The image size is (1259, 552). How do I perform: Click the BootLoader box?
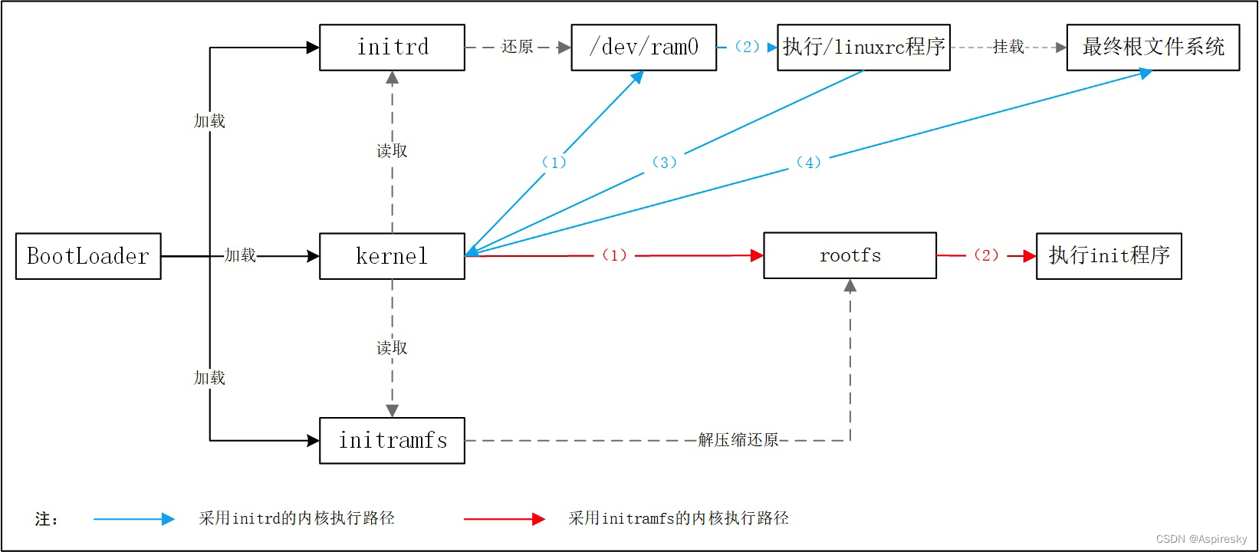(x=88, y=256)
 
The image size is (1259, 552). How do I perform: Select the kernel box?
(x=392, y=256)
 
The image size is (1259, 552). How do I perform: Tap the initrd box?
(x=392, y=48)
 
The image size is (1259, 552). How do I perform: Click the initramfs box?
(x=392, y=441)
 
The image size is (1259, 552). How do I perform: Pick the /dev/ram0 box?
(x=643, y=48)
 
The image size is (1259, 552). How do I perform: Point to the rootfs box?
(x=850, y=255)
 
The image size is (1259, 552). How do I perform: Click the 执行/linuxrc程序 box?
(x=863, y=48)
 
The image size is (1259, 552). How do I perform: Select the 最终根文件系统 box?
(x=1152, y=48)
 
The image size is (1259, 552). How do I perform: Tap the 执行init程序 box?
(x=1109, y=256)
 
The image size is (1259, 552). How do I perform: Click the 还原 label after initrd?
(x=517, y=48)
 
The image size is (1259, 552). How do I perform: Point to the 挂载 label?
(x=1008, y=48)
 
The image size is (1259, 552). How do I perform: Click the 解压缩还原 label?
(x=738, y=440)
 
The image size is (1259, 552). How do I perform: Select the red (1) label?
(x=614, y=255)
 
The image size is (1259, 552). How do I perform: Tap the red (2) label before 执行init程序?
(x=986, y=255)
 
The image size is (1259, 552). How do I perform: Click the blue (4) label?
(x=808, y=163)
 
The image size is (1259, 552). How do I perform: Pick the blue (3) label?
(x=664, y=163)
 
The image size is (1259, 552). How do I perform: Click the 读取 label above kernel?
(x=392, y=151)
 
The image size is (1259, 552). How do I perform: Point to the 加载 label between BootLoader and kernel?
(x=240, y=255)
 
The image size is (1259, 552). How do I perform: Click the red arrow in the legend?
(x=504, y=519)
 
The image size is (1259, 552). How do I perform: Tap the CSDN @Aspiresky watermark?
(x=1201, y=539)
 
